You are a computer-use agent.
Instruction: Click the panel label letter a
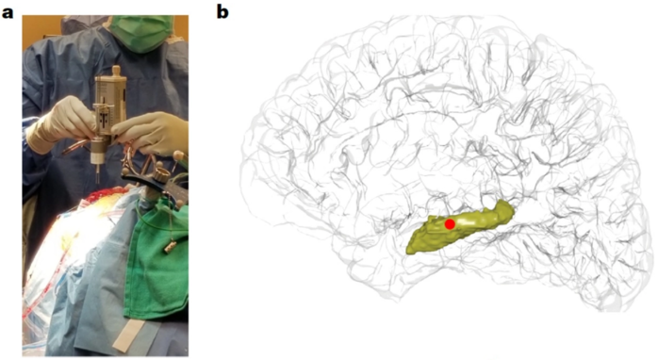(8, 12)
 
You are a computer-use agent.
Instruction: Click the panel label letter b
(222, 11)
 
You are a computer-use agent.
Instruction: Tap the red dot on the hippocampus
(450, 224)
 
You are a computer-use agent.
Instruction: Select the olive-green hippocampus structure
(460, 227)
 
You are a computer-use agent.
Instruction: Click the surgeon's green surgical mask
(142, 33)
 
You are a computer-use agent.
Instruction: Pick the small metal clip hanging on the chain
(171, 247)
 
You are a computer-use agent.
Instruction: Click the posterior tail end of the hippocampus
(508, 206)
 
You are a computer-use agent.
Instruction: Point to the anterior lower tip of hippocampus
(410, 249)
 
